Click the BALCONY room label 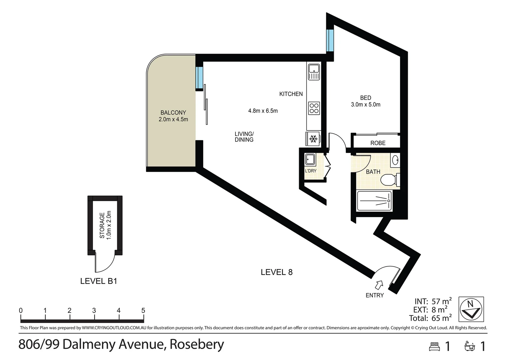pyautogui.click(x=173, y=113)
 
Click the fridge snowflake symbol pyautogui.click(x=313, y=139)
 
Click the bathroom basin pyautogui.click(x=395, y=160)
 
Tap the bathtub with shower pyautogui.click(x=374, y=201)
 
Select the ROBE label pyautogui.click(x=378, y=143)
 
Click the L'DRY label pyautogui.click(x=310, y=171)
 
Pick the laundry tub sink pyautogui.click(x=310, y=159)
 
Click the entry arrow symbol pyautogui.click(x=379, y=285)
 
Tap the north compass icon pyautogui.click(x=471, y=309)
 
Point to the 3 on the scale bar pyautogui.click(x=94, y=311)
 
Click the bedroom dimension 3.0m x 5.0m pyautogui.click(x=365, y=105)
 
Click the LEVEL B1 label pyautogui.click(x=99, y=281)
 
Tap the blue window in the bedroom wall pyautogui.click(x=330, y=40)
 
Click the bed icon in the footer pyautogui.click(x=434, y=347)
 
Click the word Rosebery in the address pyautogui.click(x=197, y=345)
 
